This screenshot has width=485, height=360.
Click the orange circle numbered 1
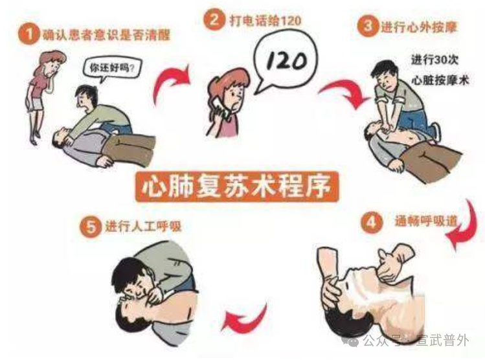[x=27, y=34]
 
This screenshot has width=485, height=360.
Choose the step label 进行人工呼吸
[x=144, y=227]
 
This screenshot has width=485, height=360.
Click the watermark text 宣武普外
[x=447, y=343]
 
